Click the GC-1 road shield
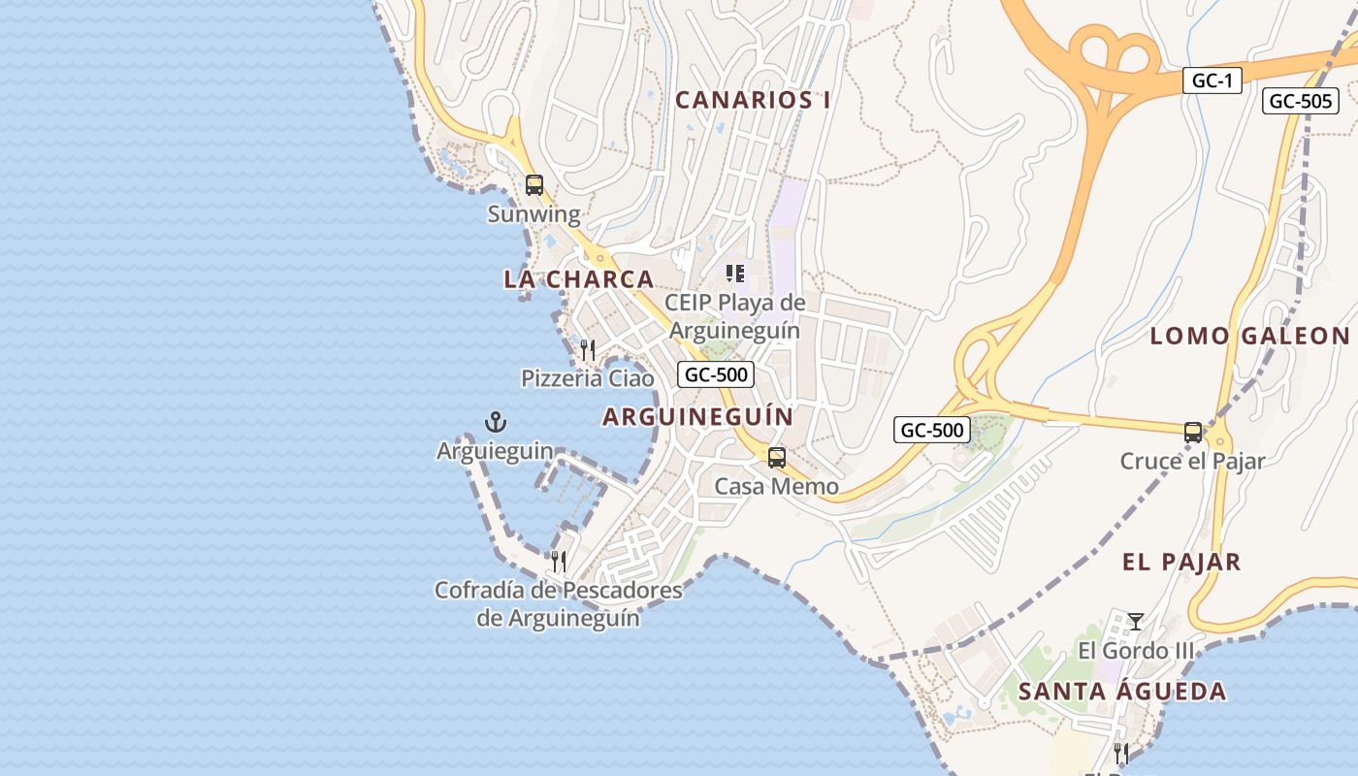pos(1212,81)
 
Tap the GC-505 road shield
pos(1300,101)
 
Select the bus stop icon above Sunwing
pos(533,184)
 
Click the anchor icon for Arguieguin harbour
pos(496,422)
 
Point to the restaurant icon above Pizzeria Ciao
pos(588,349)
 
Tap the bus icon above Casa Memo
pos(776,458)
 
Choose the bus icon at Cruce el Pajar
pos(1192,433)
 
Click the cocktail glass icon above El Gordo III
pos(1136,621)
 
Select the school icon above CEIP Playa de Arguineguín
pos(735,274)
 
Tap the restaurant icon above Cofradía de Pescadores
pos(558,561)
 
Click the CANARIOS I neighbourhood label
pos(753,100)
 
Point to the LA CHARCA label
pos(578,279)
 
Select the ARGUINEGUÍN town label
pos(697,417)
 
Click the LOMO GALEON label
pos(1249,337)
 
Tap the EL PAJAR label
pos(1181,562)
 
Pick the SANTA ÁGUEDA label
pos(1122,692)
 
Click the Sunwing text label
pos(533,214)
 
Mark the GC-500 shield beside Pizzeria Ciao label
pos(716,374)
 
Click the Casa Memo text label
pos(776,486)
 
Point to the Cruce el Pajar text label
pos(1192,461)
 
